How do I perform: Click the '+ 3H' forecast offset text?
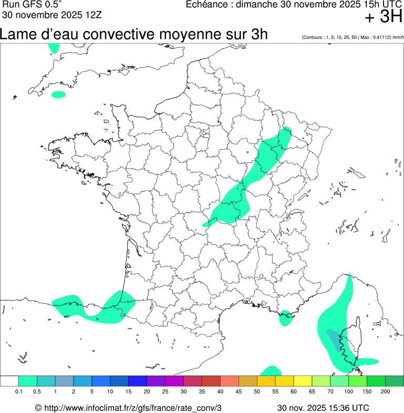[x=383, y=17]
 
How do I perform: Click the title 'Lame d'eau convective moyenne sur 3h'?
[x=134, y=35]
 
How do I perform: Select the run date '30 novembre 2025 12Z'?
[x=45, y=14]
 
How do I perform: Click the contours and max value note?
[x=353, y=38]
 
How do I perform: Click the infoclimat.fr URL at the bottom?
[x=128, y=408]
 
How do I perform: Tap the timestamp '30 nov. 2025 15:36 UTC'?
[x=323, y=408]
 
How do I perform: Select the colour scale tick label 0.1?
[x=18, y=391]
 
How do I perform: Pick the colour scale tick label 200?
[x=385, y=391]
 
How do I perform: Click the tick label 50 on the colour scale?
[x=257, y=391]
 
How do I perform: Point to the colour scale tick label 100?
[x=349, y=391]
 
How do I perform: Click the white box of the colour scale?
[x=9, y=381]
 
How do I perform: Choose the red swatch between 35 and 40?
[x=211, y=381]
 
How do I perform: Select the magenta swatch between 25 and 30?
[x=174, y=381]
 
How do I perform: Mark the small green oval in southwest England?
[x=58, y=95]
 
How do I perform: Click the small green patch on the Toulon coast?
[x=285, y=317]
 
